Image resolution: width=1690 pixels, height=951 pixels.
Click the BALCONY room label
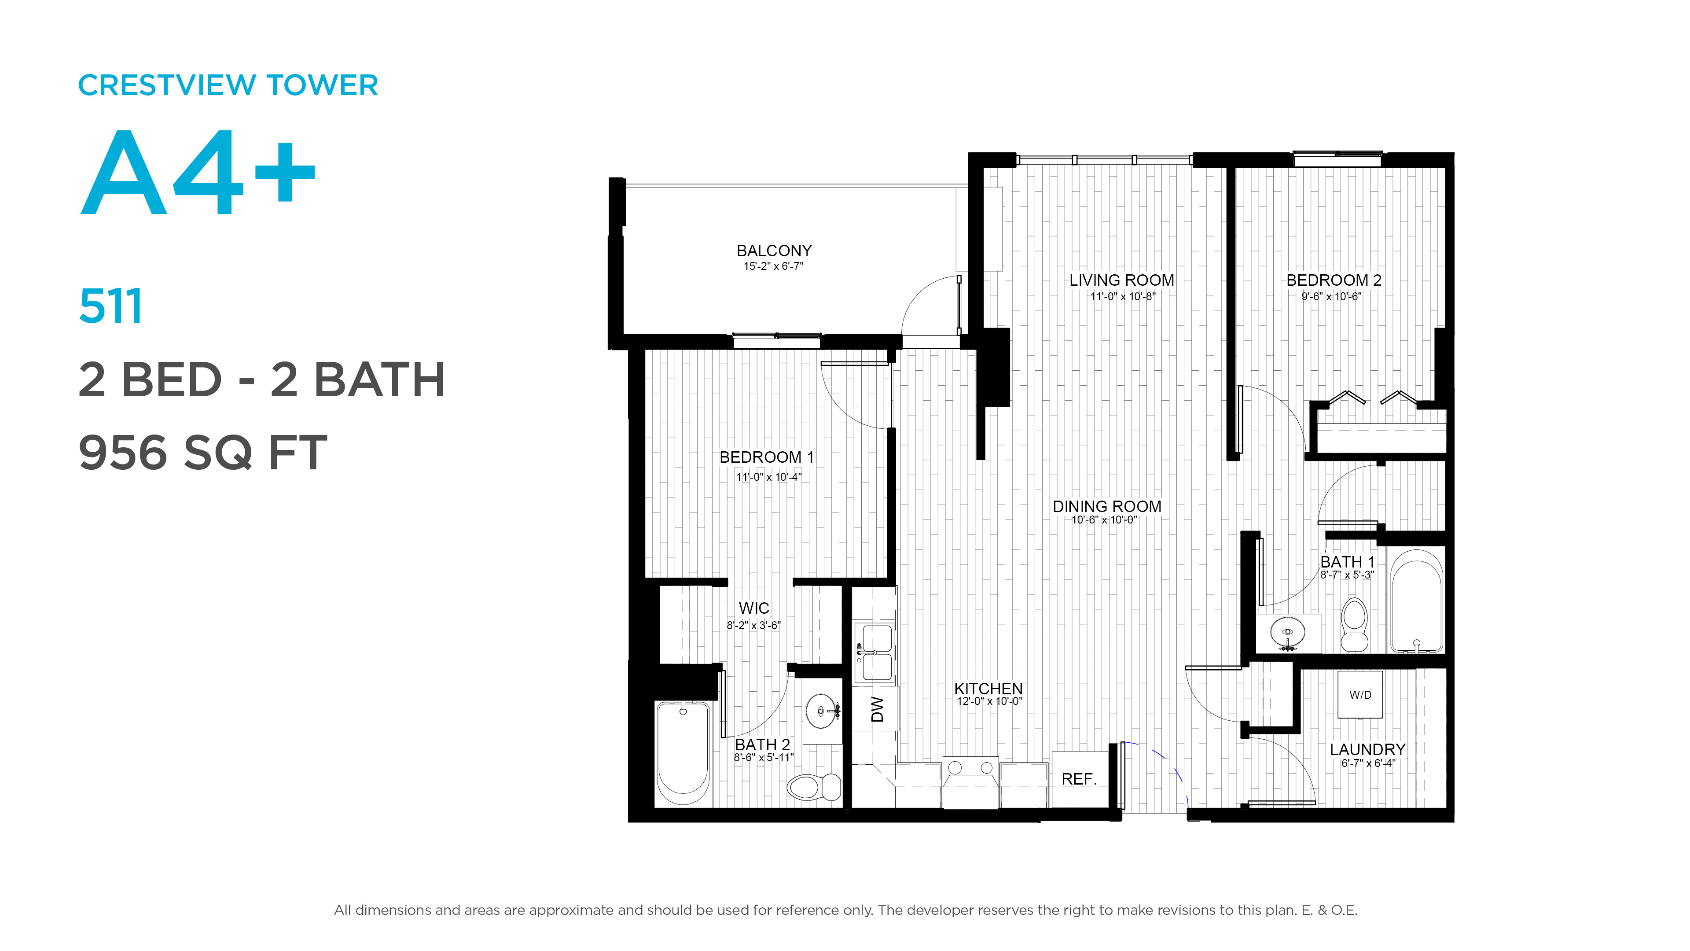coord(774,251)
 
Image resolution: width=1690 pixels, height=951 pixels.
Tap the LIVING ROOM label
coord(1122,280)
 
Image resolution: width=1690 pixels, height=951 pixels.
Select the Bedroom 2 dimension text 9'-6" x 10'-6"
coord(1332,297)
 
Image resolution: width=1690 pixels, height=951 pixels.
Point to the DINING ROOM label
coord(1107,507)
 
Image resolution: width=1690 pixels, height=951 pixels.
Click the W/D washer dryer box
coord(1360,694)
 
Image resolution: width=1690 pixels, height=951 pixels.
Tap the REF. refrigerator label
coord(1079,779)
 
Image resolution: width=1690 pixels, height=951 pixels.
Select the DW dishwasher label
coord(877,709)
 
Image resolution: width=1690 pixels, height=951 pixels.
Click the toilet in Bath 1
coord(1354,624)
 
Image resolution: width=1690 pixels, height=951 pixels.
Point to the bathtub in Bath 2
coord(683,753)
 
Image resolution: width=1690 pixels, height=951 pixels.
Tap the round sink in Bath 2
coord(821,711)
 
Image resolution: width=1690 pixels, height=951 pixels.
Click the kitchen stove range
coord(971,782)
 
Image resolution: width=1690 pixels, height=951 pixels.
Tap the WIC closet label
coord(754,608)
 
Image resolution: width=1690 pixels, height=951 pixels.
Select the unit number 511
coord(110,306)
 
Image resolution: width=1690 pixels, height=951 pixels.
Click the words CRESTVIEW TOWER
coord(228,85)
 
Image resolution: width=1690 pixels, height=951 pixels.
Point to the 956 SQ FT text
coord(202,453)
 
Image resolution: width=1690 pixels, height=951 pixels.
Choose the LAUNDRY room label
coord(1368,749)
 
